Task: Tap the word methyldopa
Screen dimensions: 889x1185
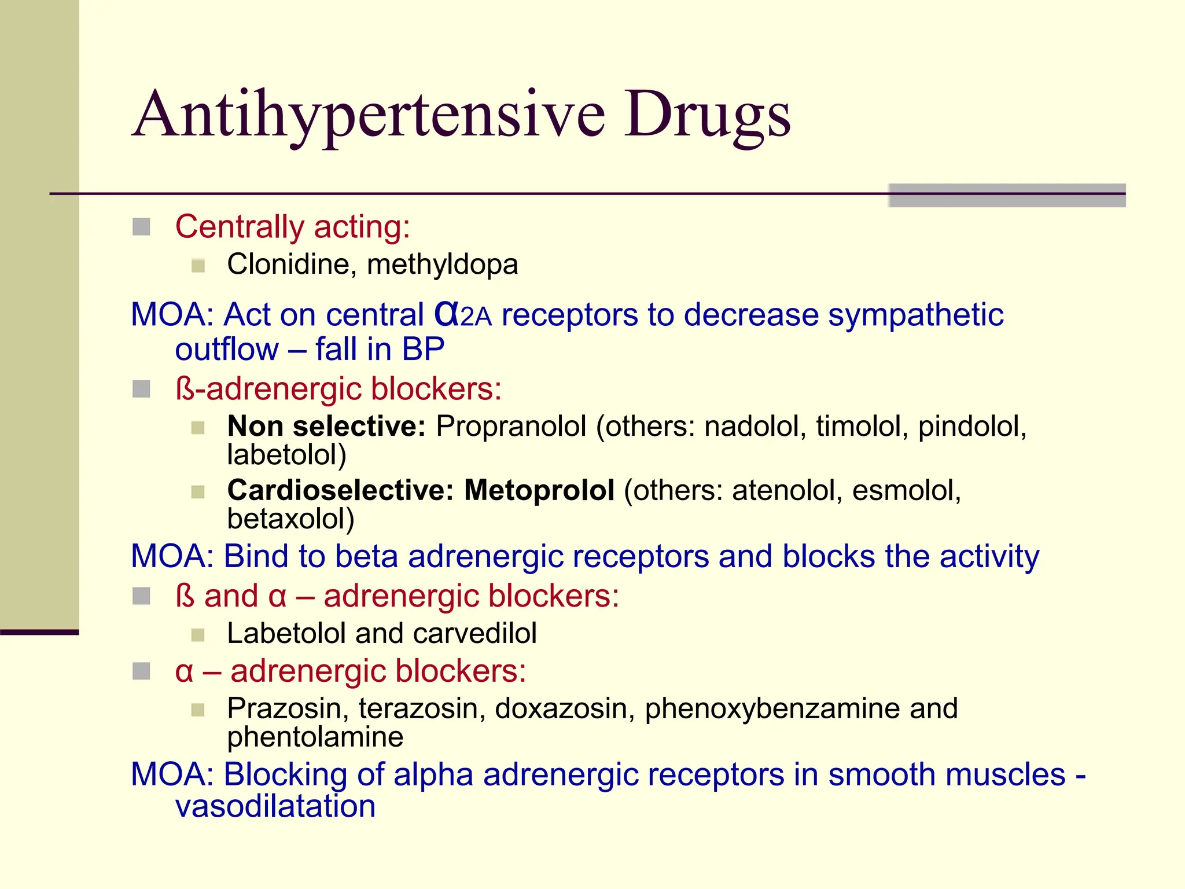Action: click(443, 265)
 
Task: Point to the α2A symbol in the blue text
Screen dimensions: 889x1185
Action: click(462, 315)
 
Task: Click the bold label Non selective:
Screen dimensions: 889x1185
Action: click(326, 427)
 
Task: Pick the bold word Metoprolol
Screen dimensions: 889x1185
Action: click(539, 490)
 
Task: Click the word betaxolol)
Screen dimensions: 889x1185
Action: click(290, 519)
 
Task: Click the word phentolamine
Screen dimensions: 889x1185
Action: click(315, 737)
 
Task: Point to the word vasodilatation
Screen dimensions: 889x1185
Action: click(275, 806)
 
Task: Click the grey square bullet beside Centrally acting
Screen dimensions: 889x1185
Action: click(141, 227)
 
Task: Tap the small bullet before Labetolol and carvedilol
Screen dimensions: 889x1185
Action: click(198, 635)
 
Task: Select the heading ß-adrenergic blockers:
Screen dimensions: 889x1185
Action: click(338, 388)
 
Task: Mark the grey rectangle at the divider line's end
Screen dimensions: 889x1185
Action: click(1007, 195)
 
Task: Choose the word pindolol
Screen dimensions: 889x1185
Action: click(971, 427)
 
